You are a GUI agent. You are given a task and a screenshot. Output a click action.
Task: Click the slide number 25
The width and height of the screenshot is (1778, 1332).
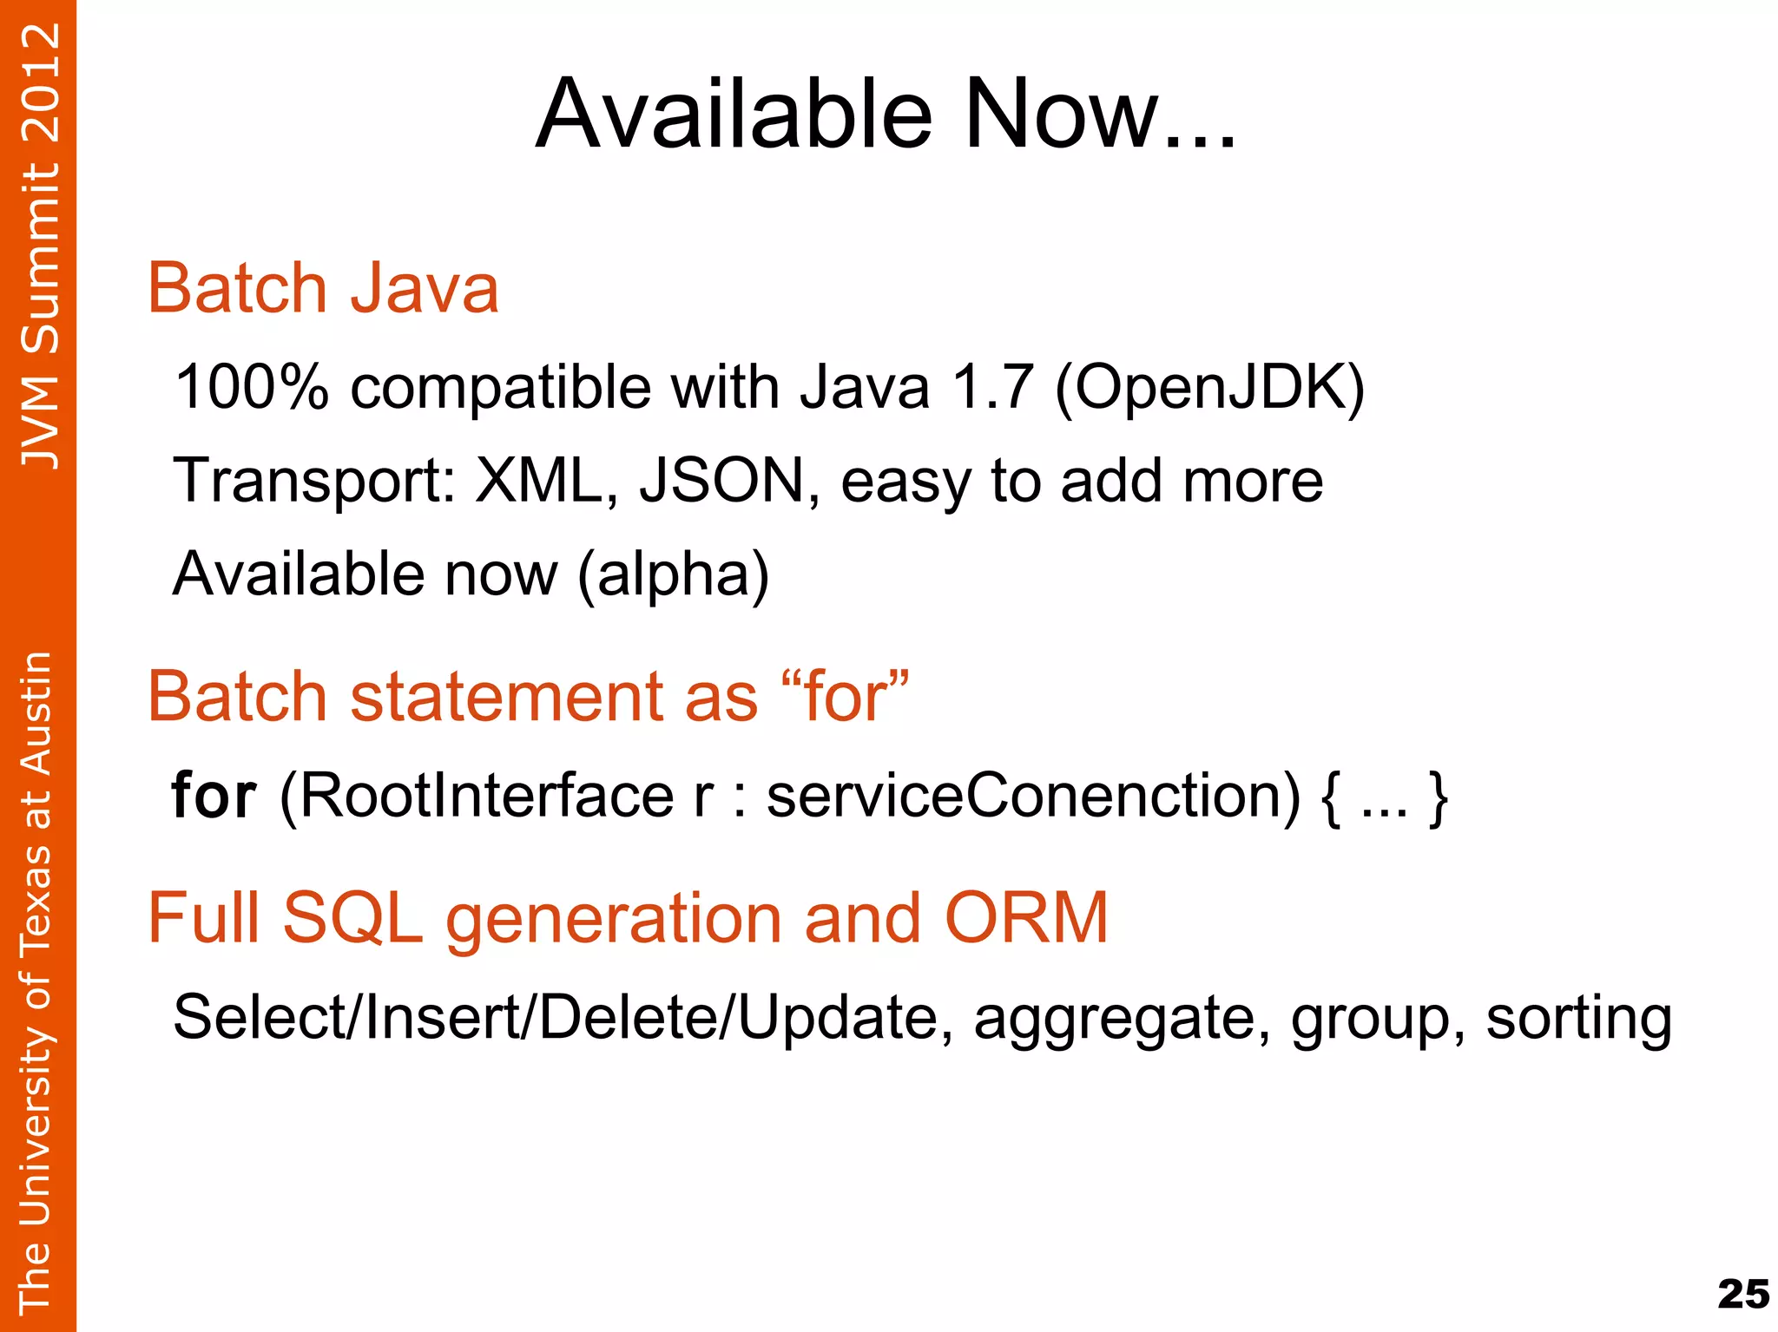[x=1742, y=1295]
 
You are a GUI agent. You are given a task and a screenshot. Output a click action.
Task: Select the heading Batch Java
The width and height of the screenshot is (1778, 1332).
[x=323, y=288]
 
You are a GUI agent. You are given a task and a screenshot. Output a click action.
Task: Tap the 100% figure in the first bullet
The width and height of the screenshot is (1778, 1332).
[x=252, y=387]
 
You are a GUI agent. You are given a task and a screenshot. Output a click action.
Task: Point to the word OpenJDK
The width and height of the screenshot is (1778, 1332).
[x=1209, y=387]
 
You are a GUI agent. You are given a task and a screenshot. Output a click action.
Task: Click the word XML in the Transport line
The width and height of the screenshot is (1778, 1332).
[x=538, y=481]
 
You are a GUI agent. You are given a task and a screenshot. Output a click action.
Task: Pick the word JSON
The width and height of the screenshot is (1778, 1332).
[x=722, y=481]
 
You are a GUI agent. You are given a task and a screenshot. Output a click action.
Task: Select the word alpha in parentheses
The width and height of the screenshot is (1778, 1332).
[x=673, y=575]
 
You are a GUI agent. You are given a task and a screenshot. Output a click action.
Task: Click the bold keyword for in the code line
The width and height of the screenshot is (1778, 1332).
[x=214, y=795]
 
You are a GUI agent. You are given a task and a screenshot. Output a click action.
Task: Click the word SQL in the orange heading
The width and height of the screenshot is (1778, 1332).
[x=352, y=918]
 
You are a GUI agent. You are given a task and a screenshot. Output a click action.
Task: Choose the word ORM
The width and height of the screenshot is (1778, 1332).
[x=1026, y=918]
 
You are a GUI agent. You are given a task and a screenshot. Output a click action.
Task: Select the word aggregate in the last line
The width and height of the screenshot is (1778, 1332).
[x=1115, y=1018]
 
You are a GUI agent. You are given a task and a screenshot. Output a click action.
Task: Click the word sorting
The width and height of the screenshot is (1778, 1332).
[x=1578, y=1018]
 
